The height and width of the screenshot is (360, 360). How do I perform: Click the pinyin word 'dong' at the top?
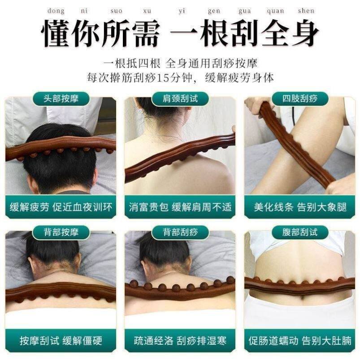[56, 11]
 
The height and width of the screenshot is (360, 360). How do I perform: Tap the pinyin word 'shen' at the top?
[306, 11]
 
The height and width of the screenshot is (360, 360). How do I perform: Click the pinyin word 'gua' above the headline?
[245, 11]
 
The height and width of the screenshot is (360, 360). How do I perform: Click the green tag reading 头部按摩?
[61, 99]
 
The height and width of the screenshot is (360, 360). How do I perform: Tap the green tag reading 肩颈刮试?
[180, 99]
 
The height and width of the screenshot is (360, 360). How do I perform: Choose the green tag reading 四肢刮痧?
[299, 99]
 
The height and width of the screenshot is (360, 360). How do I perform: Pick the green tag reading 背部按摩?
[61, 232]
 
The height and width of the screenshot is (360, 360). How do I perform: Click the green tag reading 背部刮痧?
[180, 232]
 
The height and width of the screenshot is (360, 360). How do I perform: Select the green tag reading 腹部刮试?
[299, 232]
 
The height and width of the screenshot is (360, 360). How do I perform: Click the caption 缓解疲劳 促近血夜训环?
[61, 208]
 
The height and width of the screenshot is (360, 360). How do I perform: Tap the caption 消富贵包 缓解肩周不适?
[180, 208]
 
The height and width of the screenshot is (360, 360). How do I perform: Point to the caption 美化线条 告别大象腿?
[299, 208]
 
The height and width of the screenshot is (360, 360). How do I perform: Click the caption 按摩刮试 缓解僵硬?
[61, 340]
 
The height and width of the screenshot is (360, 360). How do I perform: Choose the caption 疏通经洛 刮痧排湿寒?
[180, 340]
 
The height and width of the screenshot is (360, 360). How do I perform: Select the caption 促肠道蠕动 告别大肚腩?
[299, 340]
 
